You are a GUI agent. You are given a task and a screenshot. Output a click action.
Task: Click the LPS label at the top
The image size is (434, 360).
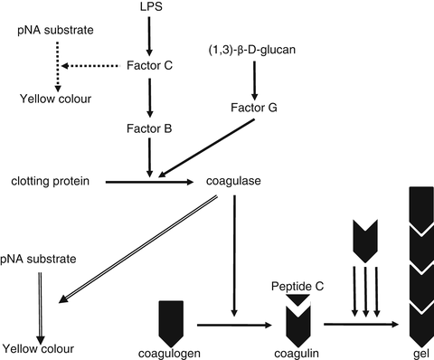tap(147, 7)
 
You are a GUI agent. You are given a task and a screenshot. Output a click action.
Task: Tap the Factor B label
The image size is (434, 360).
tap(147, 128)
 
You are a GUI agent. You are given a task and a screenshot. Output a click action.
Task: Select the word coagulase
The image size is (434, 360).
tap(235, 182)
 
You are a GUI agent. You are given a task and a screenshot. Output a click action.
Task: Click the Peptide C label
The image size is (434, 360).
tap(299, 286)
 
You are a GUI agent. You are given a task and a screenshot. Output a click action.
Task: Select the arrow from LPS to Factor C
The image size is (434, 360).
tap(147, 36)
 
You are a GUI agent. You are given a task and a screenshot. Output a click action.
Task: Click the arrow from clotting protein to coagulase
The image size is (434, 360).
tap(149, 183)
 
